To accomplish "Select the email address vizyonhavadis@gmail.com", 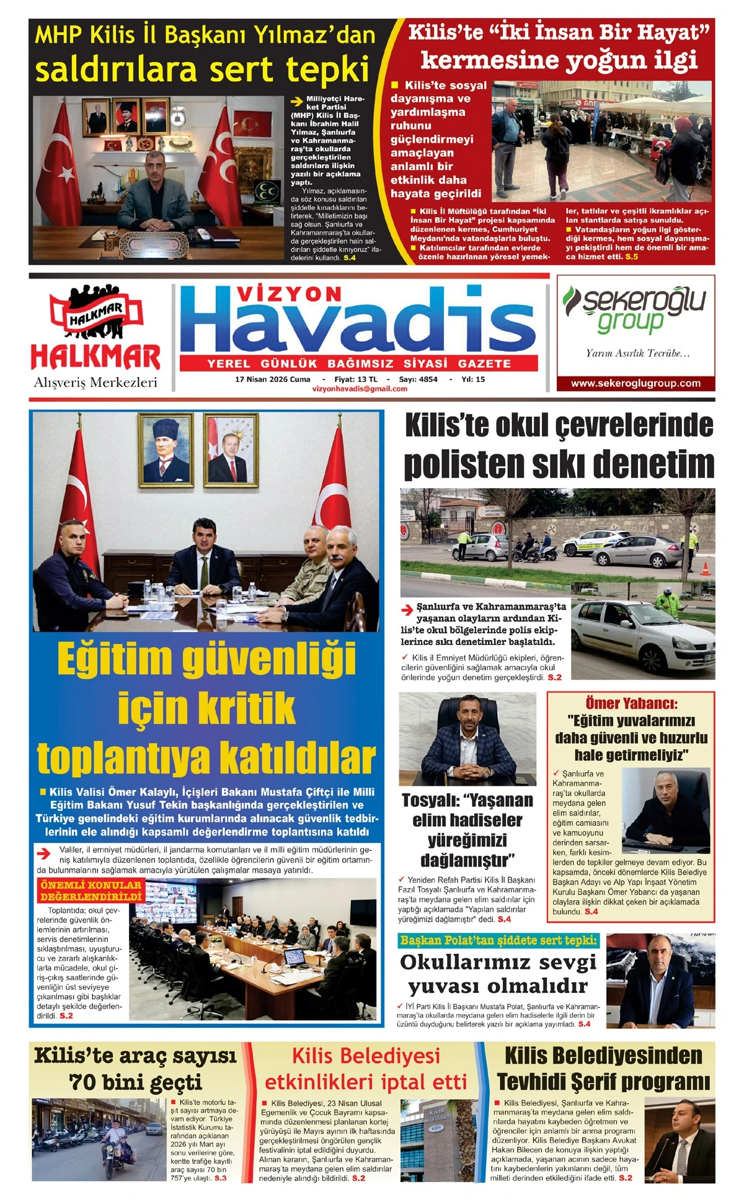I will pyautogui.click(x=360, y=389).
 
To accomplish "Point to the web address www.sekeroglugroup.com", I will pyautogui.click(x=635, y=383).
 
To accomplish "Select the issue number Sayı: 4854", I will pyautogui.click(x=418, y=379).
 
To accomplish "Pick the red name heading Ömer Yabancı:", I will pyautogui.click(x=631, y=703).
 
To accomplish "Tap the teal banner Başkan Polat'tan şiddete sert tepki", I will pyautogui.click(x=498, y=940).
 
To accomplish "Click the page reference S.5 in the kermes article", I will pyautogui.click(x=631, y=257).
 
